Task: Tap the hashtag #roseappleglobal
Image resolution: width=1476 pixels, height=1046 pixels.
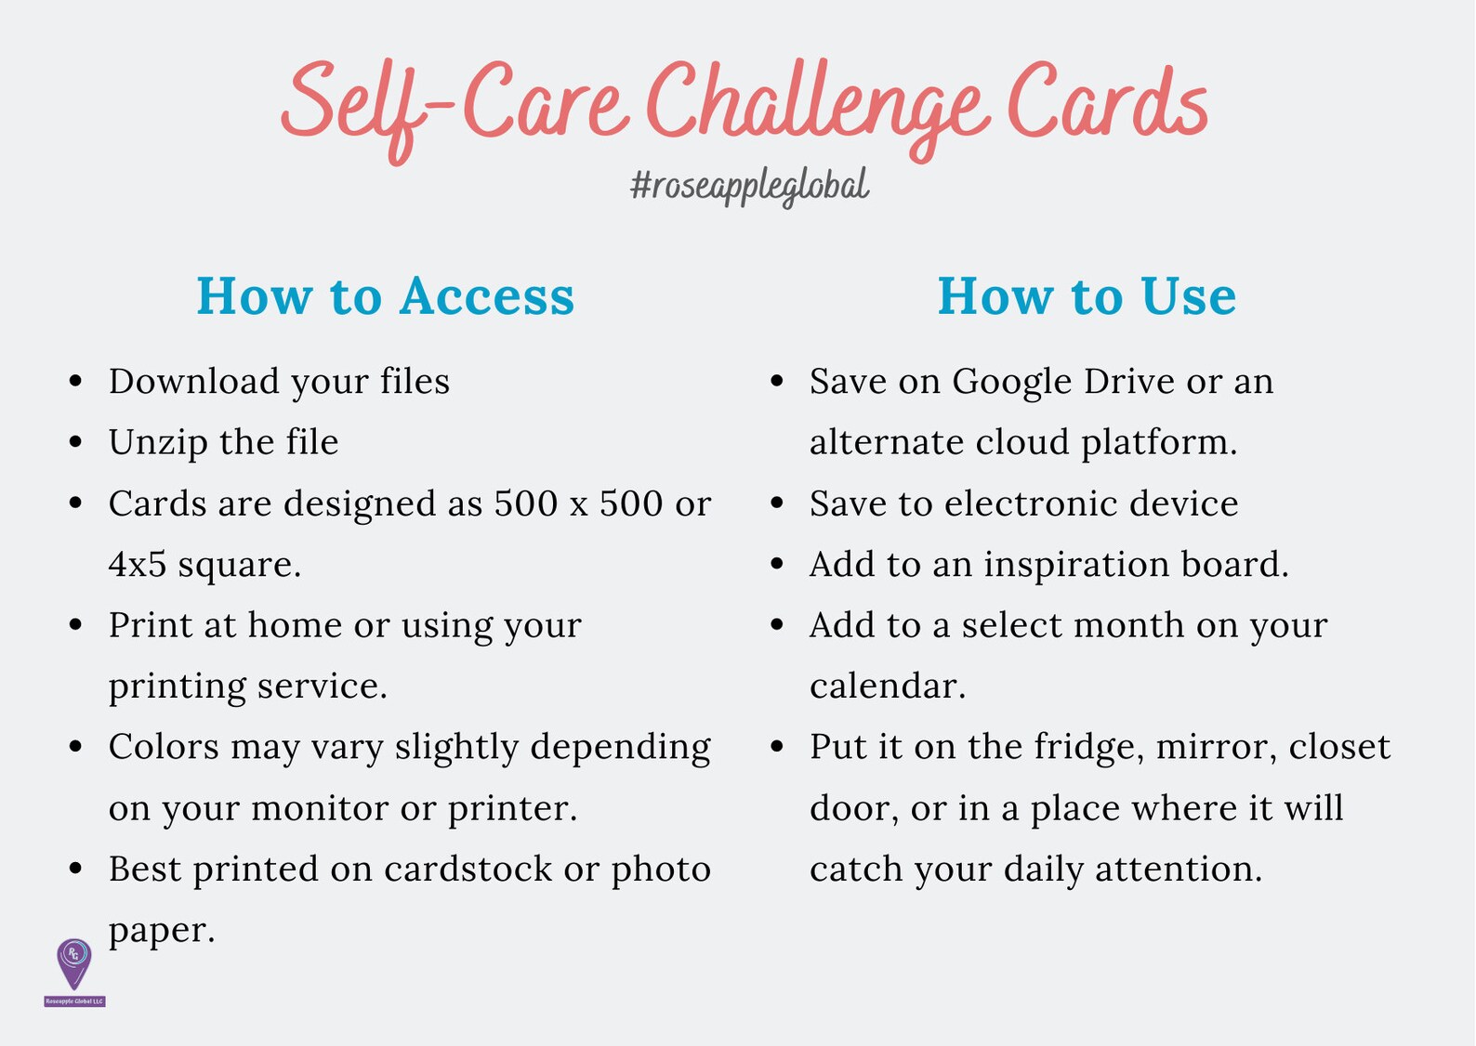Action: tap(749, 186)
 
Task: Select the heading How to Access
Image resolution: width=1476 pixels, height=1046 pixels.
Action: tap(386, 296)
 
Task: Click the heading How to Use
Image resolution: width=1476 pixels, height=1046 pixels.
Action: tap(1087, 296)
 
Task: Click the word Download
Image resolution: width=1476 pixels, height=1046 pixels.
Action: tap(193, 382)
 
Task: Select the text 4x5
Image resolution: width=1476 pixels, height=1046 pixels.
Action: tap(137, 565)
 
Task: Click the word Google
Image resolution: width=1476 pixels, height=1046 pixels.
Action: tap(1011, 383)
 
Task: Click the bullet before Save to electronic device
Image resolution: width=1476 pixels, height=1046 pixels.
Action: tap(778, 503)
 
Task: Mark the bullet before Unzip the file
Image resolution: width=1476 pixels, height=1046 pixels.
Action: tap(76, 442)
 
